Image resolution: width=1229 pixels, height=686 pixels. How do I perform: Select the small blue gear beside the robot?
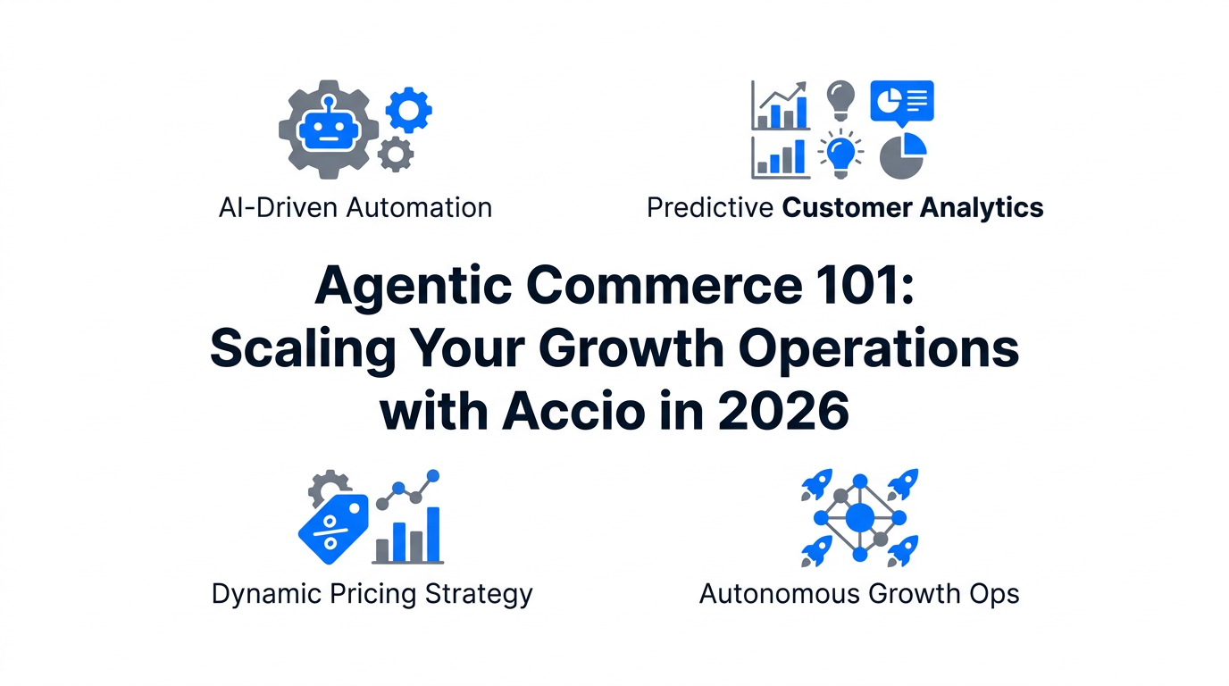409,111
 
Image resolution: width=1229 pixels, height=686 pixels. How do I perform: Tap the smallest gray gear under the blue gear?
395,155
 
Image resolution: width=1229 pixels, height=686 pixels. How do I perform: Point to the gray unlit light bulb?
840,98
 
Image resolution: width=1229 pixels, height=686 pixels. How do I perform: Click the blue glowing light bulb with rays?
840,153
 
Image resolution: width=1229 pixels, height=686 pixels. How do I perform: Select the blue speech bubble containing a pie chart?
901,102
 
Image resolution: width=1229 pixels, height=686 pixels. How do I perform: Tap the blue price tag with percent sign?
332,528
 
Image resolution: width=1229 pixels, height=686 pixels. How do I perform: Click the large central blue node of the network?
859,516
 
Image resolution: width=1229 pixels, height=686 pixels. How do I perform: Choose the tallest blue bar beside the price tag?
433,534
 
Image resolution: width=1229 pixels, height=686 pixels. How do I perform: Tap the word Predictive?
709,208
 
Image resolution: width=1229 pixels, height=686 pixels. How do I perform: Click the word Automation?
419,208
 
